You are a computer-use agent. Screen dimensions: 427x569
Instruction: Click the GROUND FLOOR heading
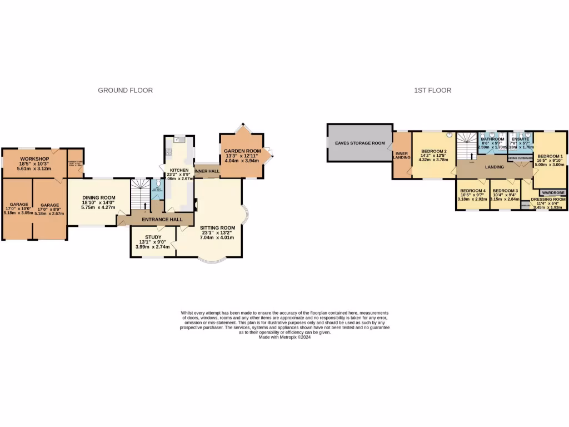click(125, 90)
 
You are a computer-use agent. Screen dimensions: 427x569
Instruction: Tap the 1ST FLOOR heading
click(432, 90)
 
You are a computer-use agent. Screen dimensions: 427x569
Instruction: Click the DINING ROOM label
click(99, 197)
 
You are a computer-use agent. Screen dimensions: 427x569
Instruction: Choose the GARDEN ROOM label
click(242, 151)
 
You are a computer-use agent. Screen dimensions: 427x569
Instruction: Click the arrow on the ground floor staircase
click(146, 206)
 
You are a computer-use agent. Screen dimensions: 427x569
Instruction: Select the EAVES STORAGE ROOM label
click(360, 143)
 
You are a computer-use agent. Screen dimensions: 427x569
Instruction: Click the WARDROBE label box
click(553, 192)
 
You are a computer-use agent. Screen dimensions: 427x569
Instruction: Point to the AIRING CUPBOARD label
click(520, 158)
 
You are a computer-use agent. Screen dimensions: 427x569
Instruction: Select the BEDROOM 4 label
click(473, 191)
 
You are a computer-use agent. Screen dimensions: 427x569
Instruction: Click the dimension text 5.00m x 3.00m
click(549, 165)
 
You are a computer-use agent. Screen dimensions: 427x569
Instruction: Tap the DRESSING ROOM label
click(548, 199)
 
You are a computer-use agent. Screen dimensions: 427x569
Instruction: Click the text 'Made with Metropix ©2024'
click(284, 337)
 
